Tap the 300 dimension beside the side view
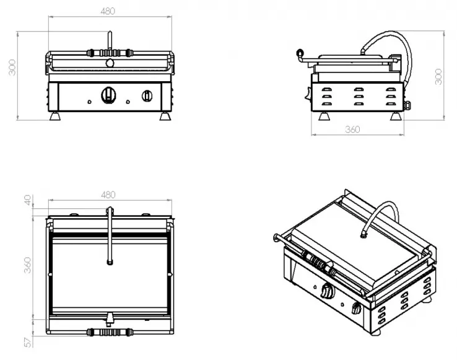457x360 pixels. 438,76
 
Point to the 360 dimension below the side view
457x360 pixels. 352,130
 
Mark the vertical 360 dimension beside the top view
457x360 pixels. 27,266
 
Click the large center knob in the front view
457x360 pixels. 109,95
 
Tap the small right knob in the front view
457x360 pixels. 147,95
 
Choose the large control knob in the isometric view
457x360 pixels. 326,289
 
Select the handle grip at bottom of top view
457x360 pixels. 109,331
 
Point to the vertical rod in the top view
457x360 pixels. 110,235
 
